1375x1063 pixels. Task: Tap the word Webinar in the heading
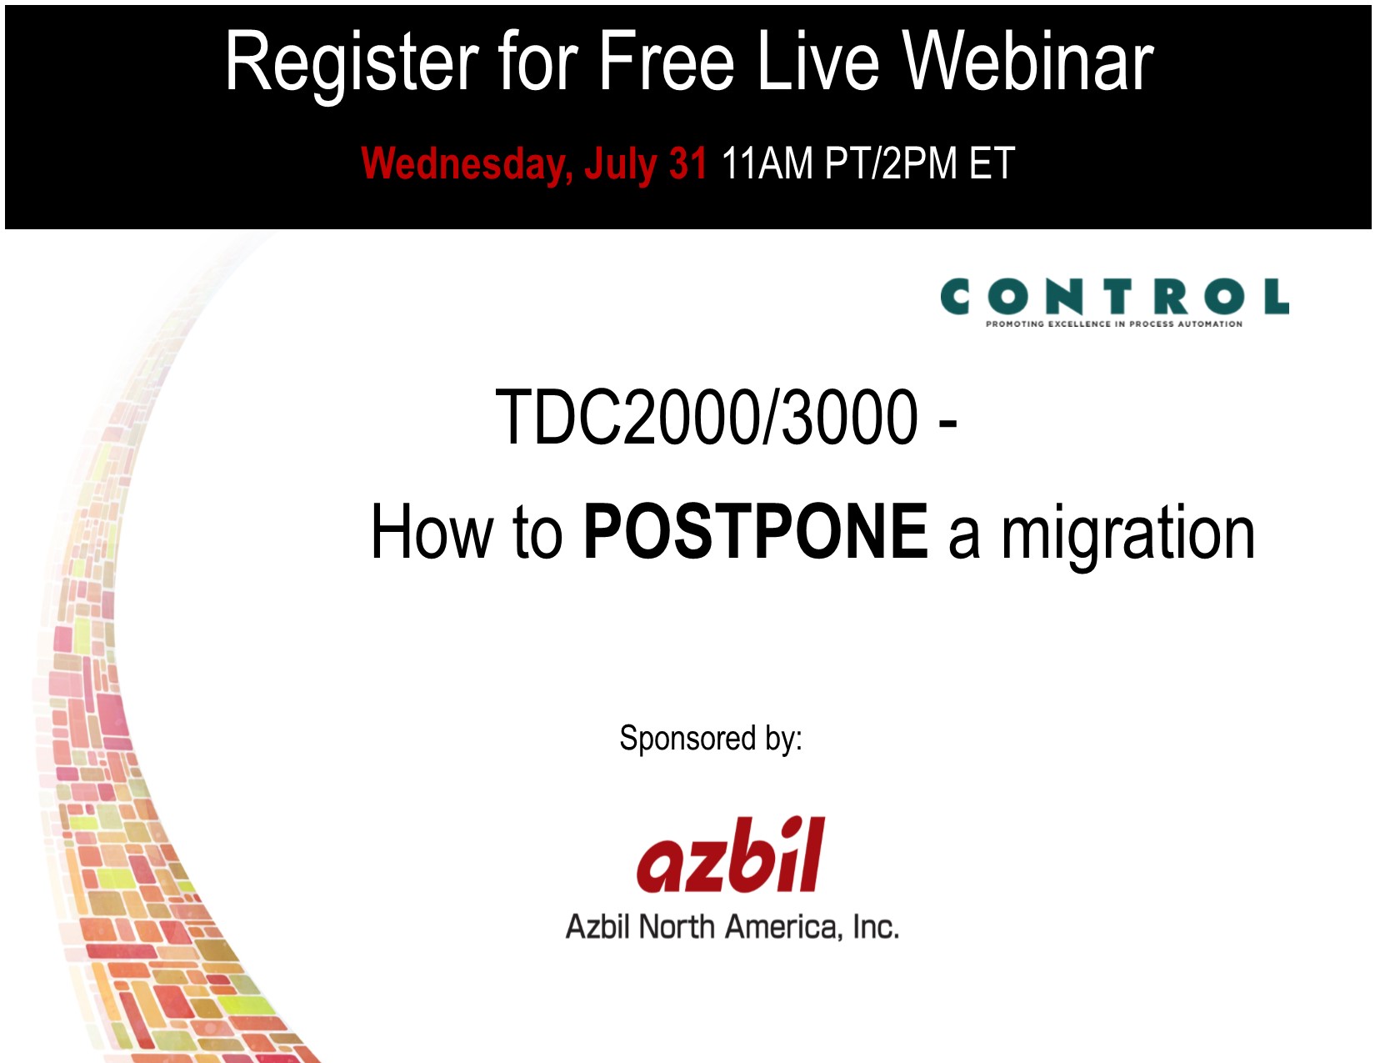coord(1028,62)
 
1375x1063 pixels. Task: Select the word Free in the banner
coord(666,62)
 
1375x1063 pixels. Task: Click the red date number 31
coord(687,163)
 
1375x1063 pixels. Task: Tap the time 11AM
coord(767,163)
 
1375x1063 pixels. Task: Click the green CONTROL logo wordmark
coord(1114,296)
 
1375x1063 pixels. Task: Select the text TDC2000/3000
coord(706,417)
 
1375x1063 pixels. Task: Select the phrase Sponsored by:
coord(711,738)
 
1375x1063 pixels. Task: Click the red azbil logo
coord(730,855)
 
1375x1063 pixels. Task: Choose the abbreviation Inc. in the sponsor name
coord(876,927)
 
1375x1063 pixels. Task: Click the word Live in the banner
coord(817,62)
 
